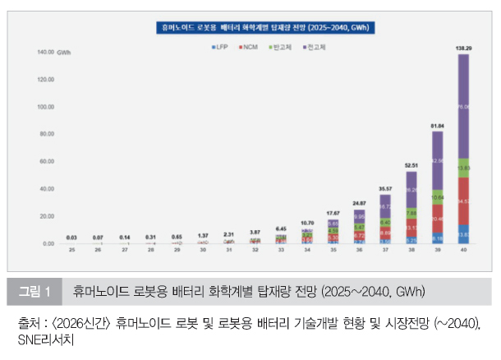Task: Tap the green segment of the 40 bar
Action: coord(463,168)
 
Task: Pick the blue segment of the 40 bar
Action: coord(463,234)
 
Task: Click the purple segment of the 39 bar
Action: coord(437,160)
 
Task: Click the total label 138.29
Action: coord(463,49)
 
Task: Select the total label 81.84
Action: coord(437,126)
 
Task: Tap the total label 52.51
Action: coord(411,166)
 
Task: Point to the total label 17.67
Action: coord(333,214)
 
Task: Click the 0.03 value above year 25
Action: coord(73,237)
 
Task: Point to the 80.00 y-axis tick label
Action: coord(45,134)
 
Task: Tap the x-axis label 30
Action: coord(203,252)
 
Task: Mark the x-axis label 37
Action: coord(385,252)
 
